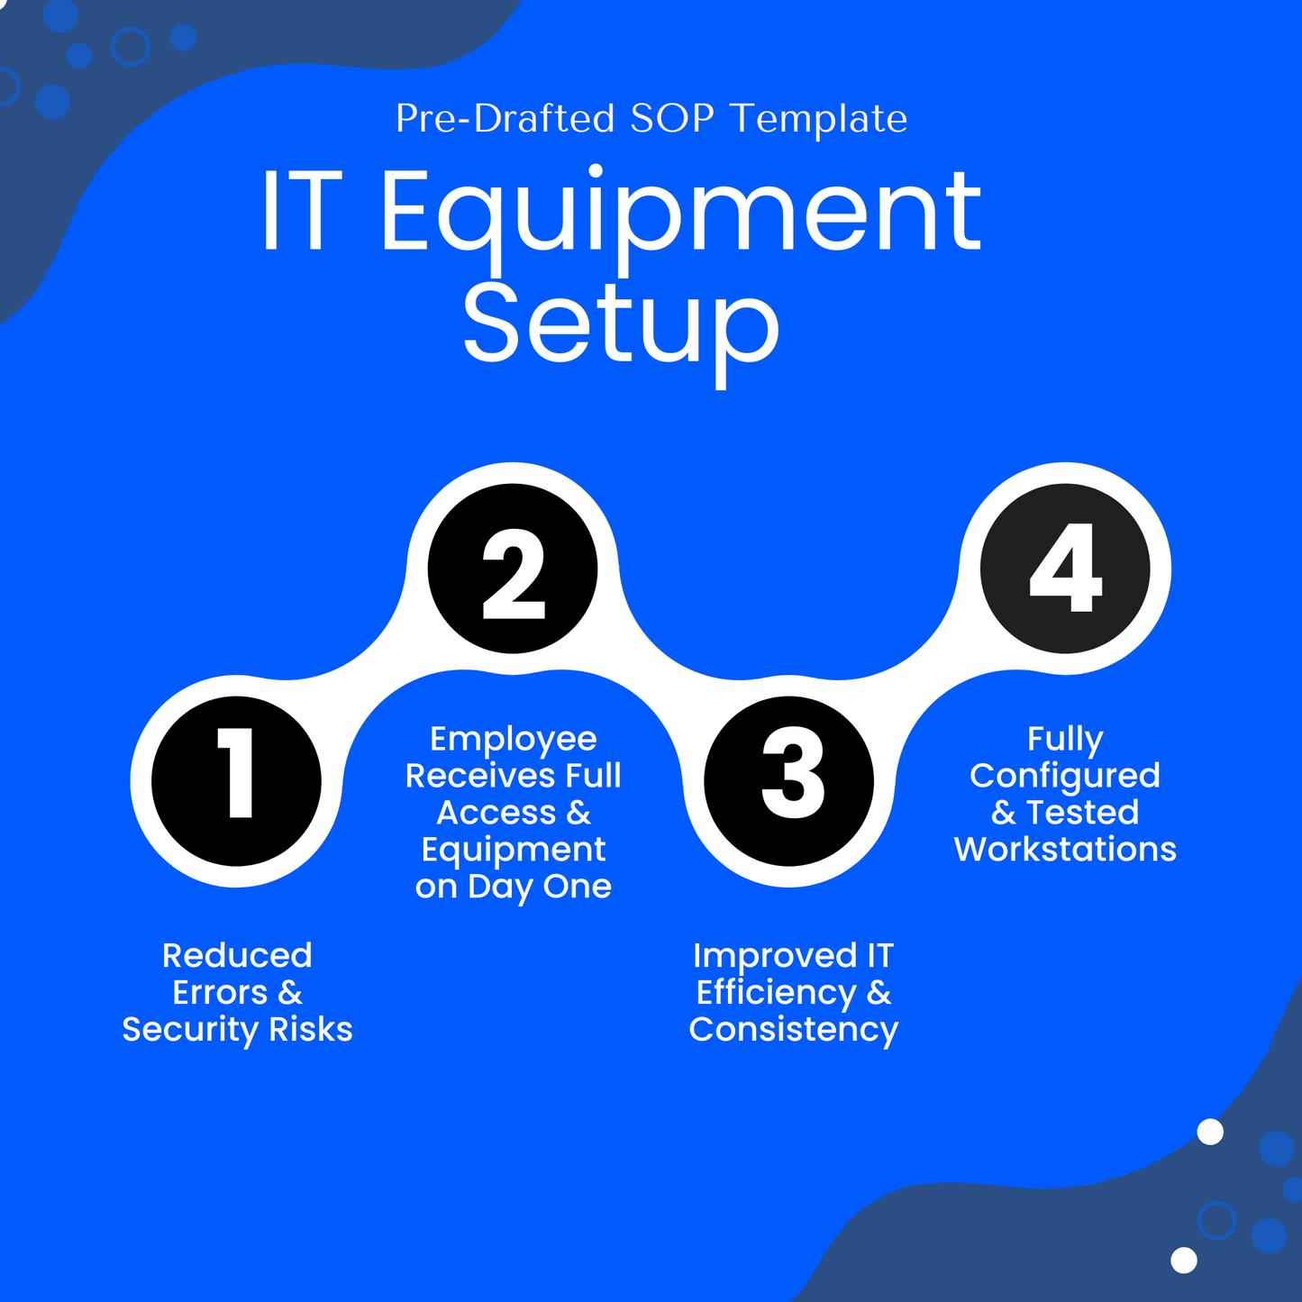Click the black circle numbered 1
click(x=236, y=780)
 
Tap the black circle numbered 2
click(x=513, y=569)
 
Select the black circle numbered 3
click(x=789, y=780)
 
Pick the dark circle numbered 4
click(x=1065, y=569)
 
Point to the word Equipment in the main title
click(x=680, y=213)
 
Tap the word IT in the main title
click(x=302, y=213)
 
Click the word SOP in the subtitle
click(x=672, y=119)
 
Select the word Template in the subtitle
click(x=818, y=119)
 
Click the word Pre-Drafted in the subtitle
click(x=505, y=119)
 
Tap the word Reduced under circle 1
click(x=237, y=955)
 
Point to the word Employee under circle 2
click(x=513, y=739)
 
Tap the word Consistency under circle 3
click(x=793, y=1029)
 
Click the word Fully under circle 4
click(x=1065, y=739)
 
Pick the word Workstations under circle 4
click(x=1065, y=850)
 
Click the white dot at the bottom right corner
click(x=1183, y=1260)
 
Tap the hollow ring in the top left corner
click(x=131, y=47)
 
